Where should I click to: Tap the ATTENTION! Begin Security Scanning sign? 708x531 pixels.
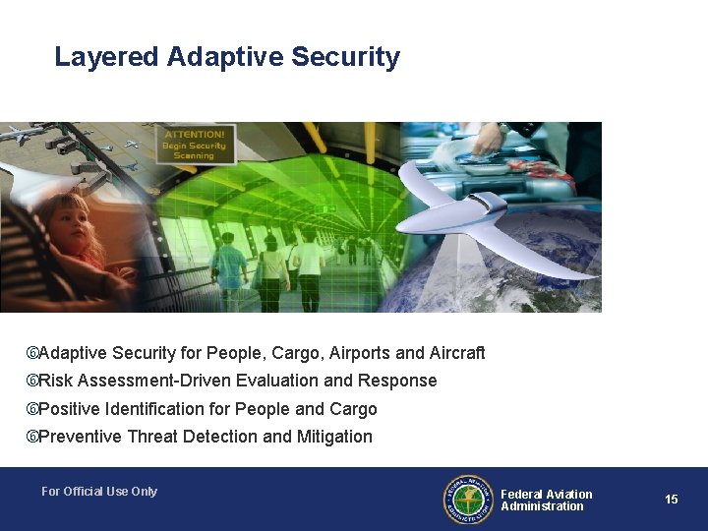[x=195, y=145]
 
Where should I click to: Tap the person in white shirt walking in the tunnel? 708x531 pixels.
[x=309, y=261]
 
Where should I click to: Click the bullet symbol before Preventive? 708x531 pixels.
[x=31, y=437]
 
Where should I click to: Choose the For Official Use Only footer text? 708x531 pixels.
[x=99, y=492]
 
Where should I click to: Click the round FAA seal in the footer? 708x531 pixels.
[x=467, y=500]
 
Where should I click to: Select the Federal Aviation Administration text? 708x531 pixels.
[x=546, y=501]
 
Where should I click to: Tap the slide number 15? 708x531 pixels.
[x=671, y=500]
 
